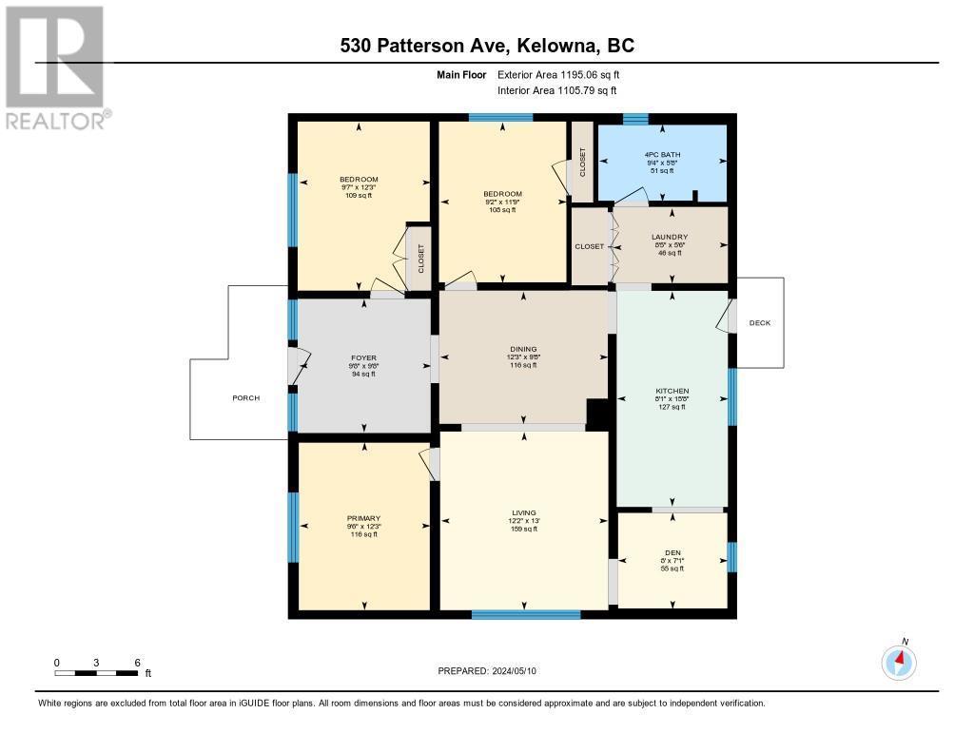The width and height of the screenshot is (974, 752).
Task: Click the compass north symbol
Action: coord(899,660)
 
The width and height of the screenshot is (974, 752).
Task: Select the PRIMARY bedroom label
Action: coord(364,519)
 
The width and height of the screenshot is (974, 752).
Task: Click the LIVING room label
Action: coord(524,513)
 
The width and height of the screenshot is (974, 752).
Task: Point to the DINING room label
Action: coord(523,349)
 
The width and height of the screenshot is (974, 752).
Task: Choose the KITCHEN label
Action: coord(672,391)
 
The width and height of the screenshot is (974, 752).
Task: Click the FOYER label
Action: coord(364,358)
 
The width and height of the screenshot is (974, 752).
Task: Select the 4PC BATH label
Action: coord(662,154)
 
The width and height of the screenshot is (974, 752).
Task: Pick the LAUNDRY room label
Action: coord(670,237)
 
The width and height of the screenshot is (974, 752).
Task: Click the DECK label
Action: coord(760,323)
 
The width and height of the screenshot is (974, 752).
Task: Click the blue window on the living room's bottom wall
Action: coord(526,614)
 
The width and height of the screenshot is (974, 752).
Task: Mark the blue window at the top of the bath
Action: coord(635,120)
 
